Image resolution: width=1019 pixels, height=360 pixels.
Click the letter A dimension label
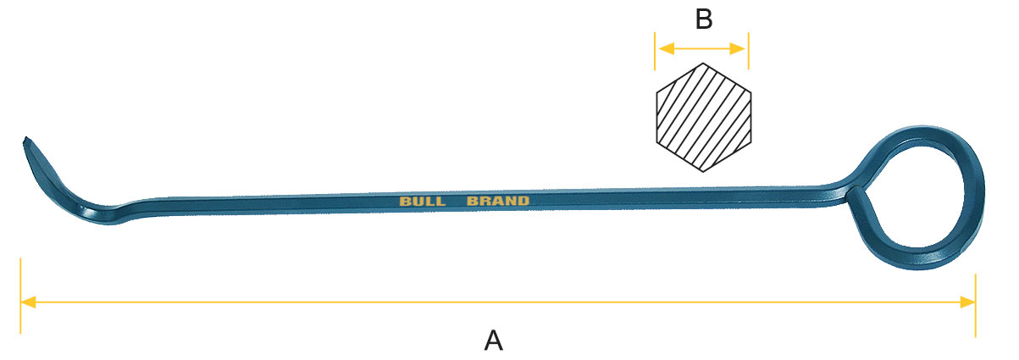(494, 341)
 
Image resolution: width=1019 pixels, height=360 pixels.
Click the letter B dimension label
(703, 19)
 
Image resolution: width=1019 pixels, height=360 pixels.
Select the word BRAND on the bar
(498, 202)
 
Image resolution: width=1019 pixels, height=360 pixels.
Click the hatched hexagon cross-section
(703, 118)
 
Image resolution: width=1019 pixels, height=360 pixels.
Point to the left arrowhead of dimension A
(27, 302)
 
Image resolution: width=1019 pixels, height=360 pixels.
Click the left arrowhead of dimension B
(662, 48)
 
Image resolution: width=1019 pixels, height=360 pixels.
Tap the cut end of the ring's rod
(856, 197)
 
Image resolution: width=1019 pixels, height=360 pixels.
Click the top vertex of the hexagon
(703, 64)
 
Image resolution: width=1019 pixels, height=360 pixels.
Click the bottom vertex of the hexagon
(703, 173)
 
